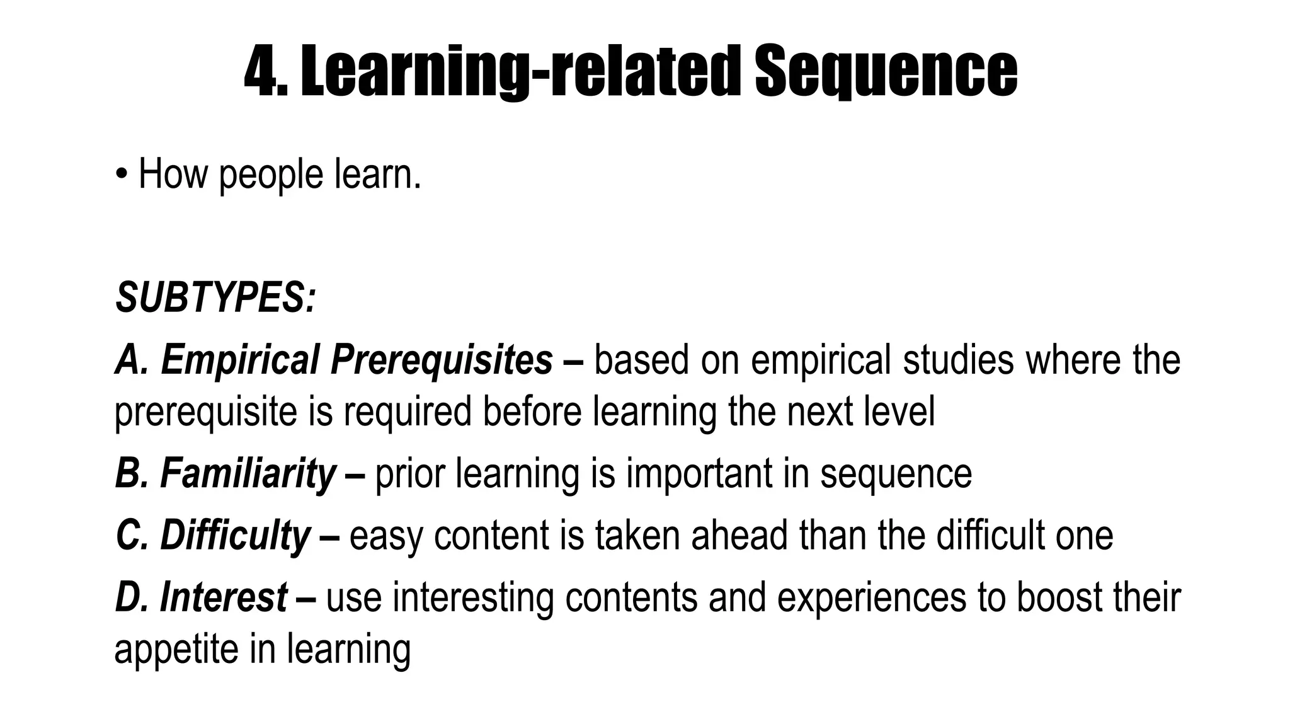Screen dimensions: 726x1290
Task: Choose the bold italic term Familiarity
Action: (248, 473)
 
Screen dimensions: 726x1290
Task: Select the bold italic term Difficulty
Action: (235, 535)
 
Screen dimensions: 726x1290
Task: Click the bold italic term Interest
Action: (224, 597)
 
